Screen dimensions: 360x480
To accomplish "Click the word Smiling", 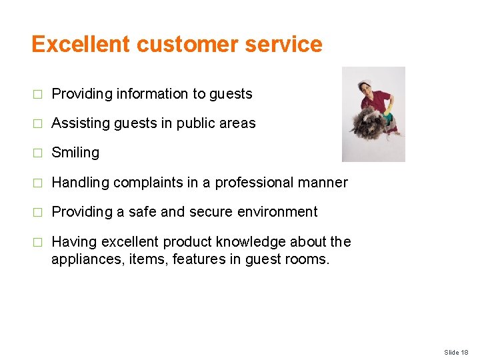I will click(75, 153).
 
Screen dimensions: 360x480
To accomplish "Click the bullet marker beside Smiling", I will click(37, 153).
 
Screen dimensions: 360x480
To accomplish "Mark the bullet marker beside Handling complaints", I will click(37, 182).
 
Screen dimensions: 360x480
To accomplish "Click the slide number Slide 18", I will click(457, 352).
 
